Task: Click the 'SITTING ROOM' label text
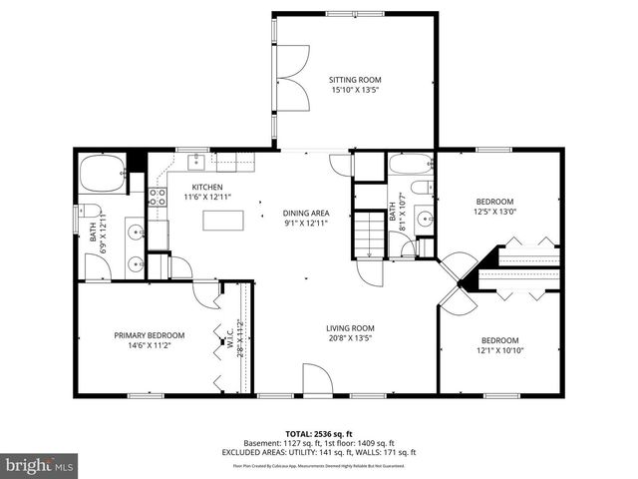coord(356,80)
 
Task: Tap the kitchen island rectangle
coord(222,221)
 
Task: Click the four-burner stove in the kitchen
coord(157,196)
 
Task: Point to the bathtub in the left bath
coord(102,176)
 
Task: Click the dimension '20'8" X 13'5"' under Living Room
coord(349,338)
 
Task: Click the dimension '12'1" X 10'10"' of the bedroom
coord(499,350)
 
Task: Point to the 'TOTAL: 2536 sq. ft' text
coord(318,434)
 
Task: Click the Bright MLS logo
coord(40,466)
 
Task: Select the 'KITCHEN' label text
coord(207,188)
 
